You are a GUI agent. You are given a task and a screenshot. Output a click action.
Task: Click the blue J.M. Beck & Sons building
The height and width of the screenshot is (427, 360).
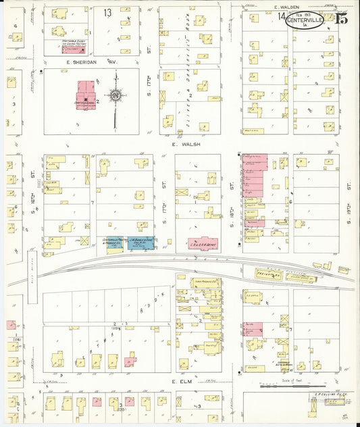[x=140, y=243]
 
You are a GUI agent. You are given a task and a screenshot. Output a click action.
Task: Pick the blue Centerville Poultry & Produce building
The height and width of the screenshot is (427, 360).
[x=114, y=243]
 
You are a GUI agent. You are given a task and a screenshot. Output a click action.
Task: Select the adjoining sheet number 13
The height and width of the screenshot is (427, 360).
[x=108, y=13]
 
